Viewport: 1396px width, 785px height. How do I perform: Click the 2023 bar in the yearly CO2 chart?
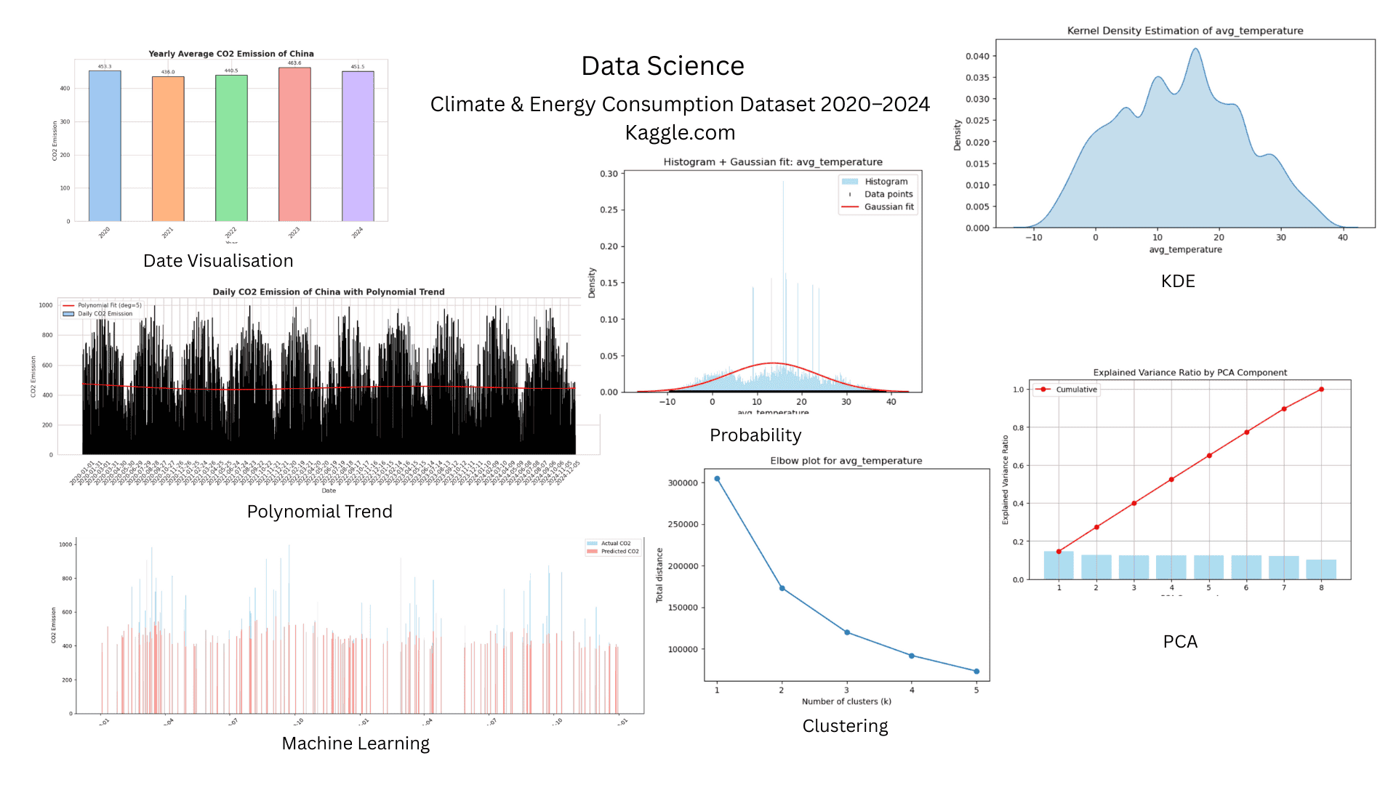(x=294, y=145)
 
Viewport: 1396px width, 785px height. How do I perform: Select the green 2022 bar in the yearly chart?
(x=231, y=148)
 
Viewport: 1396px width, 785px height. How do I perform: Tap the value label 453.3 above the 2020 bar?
(x=105, y=67)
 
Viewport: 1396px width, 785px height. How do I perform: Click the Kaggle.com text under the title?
(x=680, y=132)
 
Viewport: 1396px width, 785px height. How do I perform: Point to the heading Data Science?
(x=662, y=66)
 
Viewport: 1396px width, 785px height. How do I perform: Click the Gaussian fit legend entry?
(x=888, y=207)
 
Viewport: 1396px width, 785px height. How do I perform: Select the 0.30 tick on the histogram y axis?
(x=609, y=174)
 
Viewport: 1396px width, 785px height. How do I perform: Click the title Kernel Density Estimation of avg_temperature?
(x=1184, y=31)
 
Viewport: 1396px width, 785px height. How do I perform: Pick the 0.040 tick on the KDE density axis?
(x=977, y=56)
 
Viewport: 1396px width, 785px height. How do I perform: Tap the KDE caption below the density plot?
(x=1178, y=281)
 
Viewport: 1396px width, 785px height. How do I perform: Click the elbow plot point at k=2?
(x=782, y=588)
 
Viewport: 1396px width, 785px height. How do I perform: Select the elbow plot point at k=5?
(x=976, y=672)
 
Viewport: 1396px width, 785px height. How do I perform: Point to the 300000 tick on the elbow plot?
(x=683, y=483)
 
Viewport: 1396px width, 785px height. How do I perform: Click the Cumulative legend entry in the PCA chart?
(x=1076, y=390)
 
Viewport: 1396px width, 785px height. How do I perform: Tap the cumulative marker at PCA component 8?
(x=1321, y=390)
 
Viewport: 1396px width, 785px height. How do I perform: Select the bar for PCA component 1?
(x=1059, y=565)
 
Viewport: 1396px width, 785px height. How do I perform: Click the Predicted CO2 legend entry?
(x=619, y=552)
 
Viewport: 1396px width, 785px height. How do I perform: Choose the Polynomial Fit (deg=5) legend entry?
(x=109, y=305)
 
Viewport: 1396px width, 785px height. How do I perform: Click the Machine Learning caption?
(x=356, y=744)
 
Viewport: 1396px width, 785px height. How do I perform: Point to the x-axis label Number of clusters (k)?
(x=846, y=701)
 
